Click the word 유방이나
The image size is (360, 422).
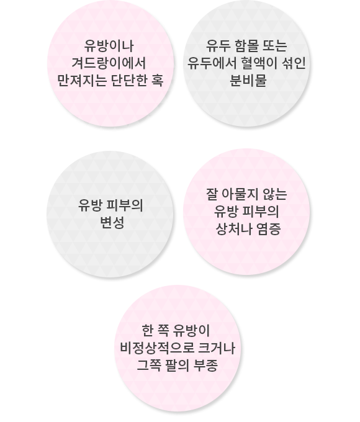coord(109,46)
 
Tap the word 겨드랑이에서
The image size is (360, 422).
coord(109,63)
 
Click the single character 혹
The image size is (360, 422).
coord(158,80)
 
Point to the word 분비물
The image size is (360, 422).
coord(248,80)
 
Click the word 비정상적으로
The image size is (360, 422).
coord(157,348)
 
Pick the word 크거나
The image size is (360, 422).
coord(217,348)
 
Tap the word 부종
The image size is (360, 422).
coord(206,365)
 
